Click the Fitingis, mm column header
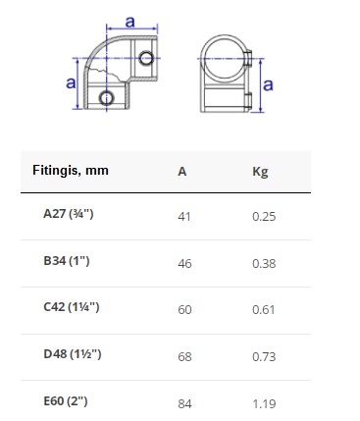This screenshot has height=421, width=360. point(71,171)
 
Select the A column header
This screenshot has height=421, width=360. point(182,172)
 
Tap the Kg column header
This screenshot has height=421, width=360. point(260,172)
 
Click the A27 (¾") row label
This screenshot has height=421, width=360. point(69,214)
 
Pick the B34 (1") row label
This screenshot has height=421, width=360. point(67,261)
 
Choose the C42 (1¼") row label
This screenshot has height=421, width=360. point(72,307)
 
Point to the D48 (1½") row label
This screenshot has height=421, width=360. point(73,354)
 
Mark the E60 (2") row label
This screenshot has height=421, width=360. point(66,401)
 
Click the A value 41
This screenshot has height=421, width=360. point(184,217)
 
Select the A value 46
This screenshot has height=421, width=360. point(184,264)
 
